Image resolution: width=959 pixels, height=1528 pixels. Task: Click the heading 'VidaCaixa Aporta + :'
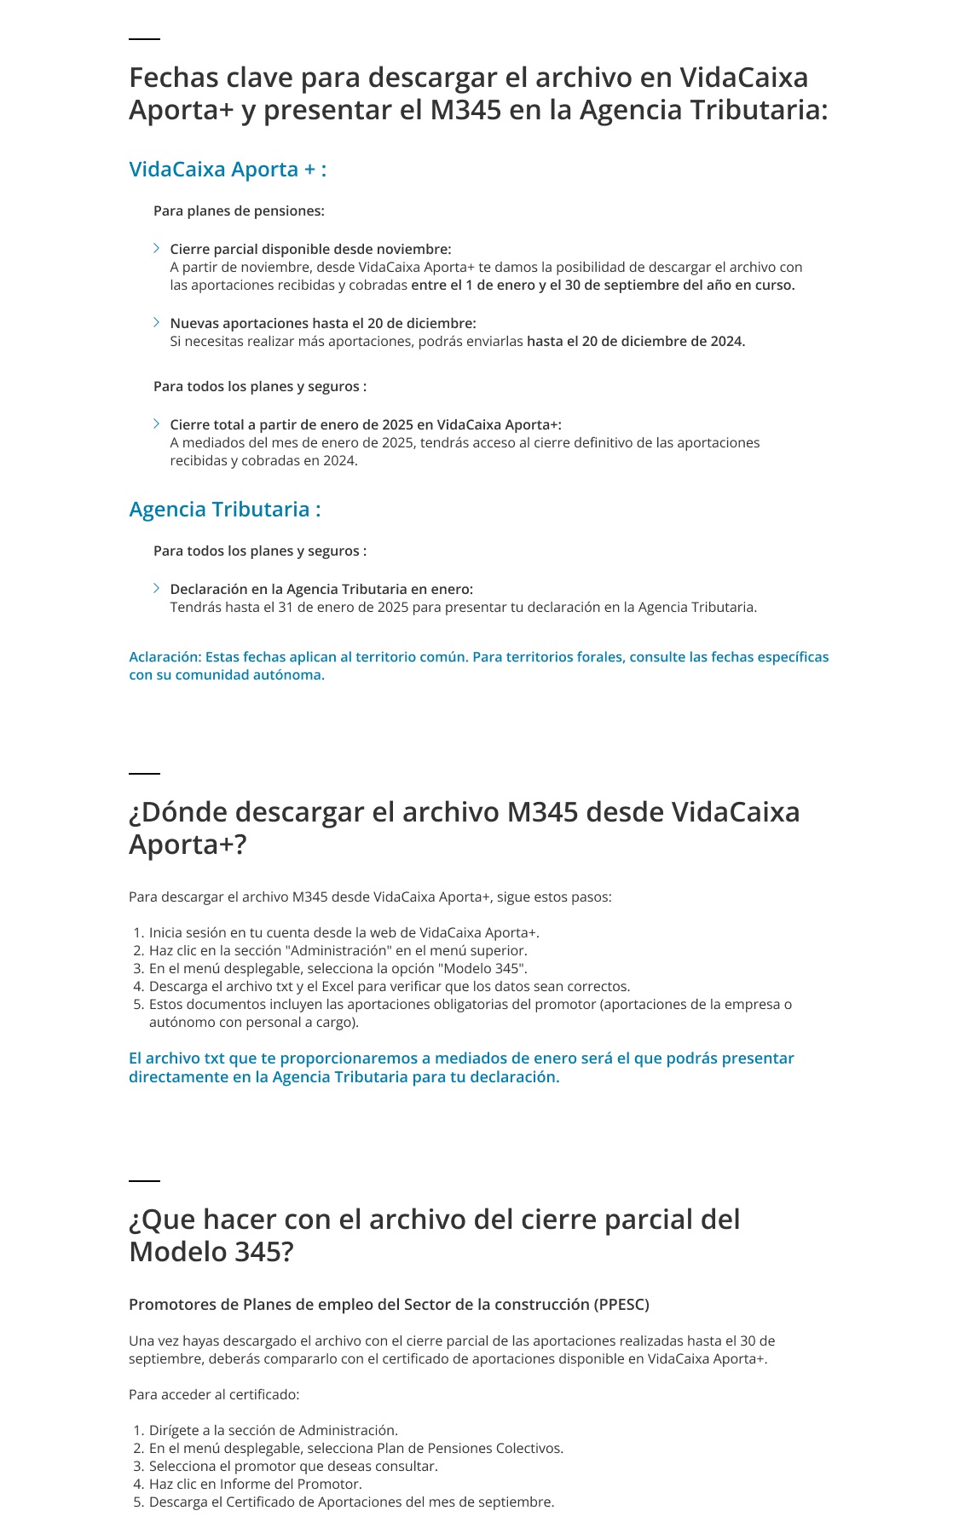(228, 170)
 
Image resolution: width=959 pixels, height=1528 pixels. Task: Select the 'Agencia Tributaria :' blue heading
(225, 510)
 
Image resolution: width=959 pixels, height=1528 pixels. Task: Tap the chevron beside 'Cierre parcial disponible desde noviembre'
(157, 248)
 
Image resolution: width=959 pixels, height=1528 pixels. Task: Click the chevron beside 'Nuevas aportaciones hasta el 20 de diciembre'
(157, 322)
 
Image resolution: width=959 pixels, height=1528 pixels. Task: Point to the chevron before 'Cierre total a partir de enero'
(157, 424)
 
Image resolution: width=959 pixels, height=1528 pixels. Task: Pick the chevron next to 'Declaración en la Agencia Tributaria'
(157, 588)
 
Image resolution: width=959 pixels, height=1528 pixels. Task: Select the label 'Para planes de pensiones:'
(239, 210)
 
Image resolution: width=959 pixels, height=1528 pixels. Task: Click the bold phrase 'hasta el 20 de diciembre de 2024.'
(636, 342)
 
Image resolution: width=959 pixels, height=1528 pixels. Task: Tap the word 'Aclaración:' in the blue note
(165, 657)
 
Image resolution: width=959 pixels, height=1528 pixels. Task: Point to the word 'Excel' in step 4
(338, 987)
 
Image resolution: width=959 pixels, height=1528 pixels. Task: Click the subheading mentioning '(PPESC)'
(389, 1305)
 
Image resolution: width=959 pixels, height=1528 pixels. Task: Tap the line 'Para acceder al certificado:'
(214, 1395)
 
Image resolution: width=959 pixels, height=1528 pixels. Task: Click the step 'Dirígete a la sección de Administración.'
(273, 1431)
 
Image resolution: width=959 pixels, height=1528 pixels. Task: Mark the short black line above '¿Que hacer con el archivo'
(144, 1181)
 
